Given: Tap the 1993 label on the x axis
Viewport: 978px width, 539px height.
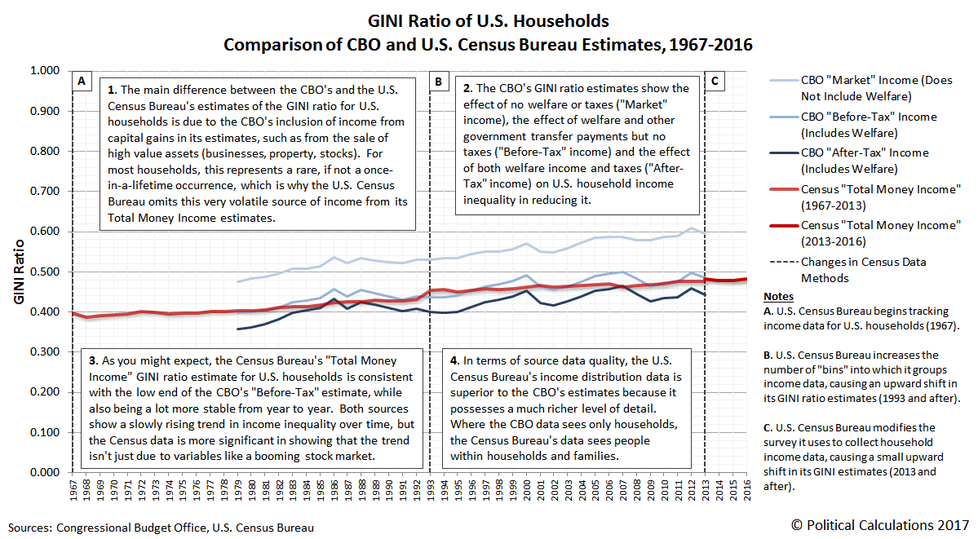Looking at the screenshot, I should (x=430, y=493).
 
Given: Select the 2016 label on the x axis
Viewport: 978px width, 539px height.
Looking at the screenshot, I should (x=747, y=493).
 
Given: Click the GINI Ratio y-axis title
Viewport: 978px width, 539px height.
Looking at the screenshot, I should (x=20, y=272).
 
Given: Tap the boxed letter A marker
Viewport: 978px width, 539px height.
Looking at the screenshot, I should (x=82, y=82).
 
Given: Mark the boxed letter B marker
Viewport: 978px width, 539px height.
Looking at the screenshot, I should (x=439, y=82).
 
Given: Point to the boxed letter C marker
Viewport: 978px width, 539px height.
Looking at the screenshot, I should (x=715, y=82).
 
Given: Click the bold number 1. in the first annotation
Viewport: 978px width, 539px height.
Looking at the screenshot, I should (x=112, y=88).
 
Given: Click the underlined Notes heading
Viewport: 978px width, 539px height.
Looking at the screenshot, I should (x=776, y=295).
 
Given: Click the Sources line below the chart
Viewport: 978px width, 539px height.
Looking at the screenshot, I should (x=161, y=528).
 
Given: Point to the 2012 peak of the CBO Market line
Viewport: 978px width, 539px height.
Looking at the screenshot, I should (x=692, y=228).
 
